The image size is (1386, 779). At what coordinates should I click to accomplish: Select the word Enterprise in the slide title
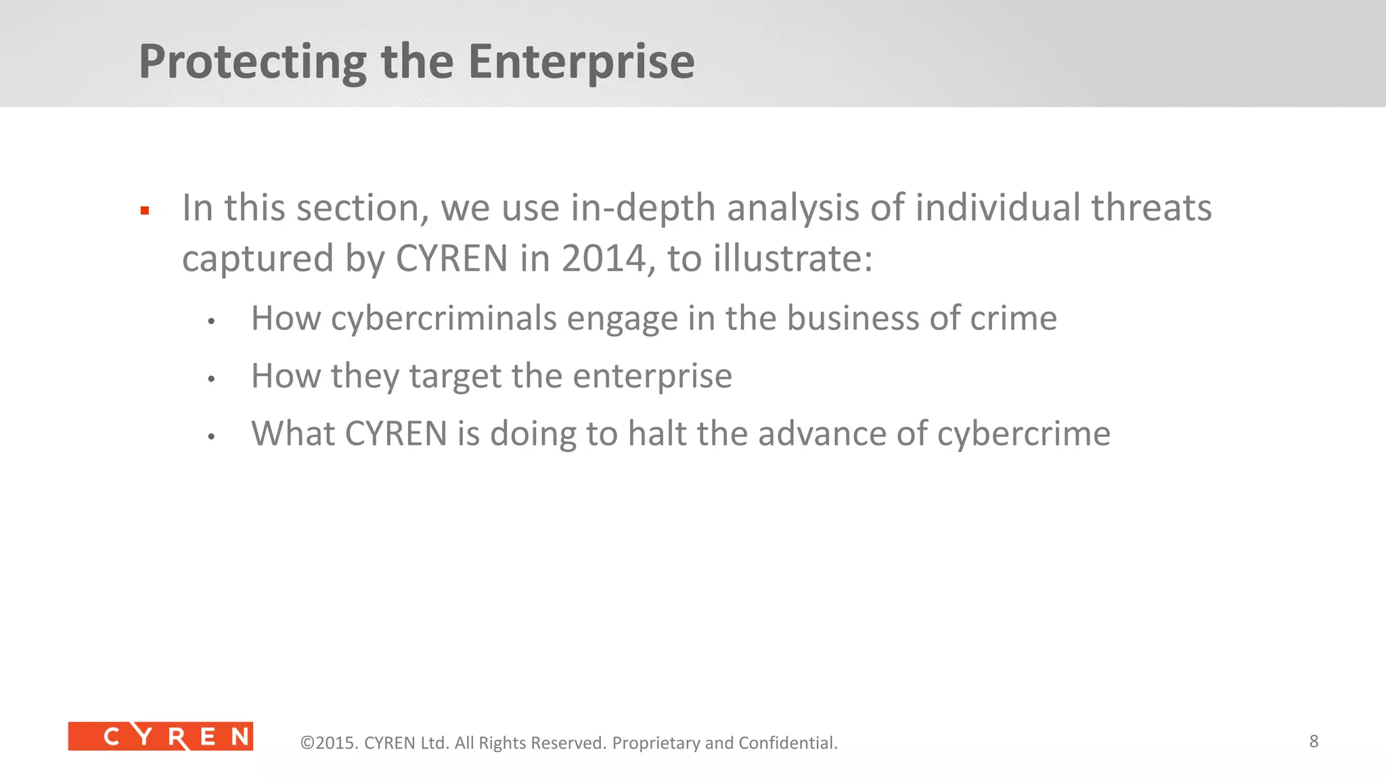[x=581, y=62]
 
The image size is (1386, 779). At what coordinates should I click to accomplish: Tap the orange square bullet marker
[x=144, y=211]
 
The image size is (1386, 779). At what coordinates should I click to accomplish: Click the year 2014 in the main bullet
[x=603, y=259]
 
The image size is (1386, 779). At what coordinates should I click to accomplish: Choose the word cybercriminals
[x=443, y=318]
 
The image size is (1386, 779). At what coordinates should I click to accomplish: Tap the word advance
[x=822, y=433]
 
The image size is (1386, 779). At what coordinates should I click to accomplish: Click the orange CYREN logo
[x=160, y=736]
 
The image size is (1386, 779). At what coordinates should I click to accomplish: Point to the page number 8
[x=1314, y=741]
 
